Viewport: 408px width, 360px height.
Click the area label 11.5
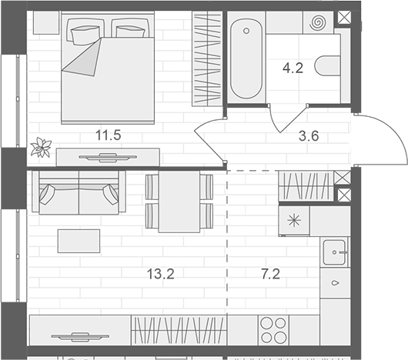pyautogui.click(x=108, y=136)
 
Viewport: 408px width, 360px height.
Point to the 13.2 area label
pyautogui.click(x=161, y=273)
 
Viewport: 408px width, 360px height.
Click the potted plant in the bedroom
pyautogui.click(x=39, y=146)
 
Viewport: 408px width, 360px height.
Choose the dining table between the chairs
pyautogui.click(x=179, y=202)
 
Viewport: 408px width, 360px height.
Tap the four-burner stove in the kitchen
pyautogui.click(x=273, y=331)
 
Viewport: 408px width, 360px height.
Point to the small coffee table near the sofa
pyautogui.click(x=79, y=242)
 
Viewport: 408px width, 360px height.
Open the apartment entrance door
pyautogui.click(x=377, y=138)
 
